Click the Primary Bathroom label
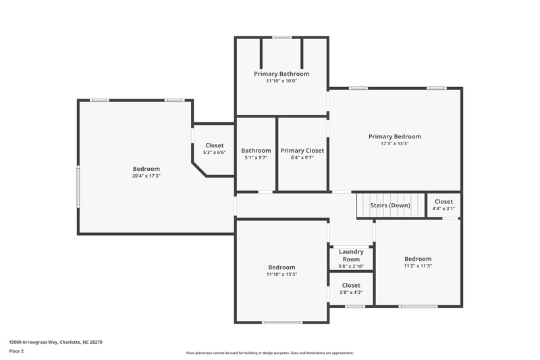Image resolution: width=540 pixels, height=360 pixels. pos(281,74)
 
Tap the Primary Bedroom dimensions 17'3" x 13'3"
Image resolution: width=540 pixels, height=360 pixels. pos(394,143)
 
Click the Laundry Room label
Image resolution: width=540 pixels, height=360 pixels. pos(351,255)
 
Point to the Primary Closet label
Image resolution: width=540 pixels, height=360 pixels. pos(302,151)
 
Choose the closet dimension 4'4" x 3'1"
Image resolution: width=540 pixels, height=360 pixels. pos(443,209)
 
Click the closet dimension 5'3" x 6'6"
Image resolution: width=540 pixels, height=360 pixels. pos(215,153)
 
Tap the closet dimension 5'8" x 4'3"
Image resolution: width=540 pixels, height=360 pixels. pos(351,292)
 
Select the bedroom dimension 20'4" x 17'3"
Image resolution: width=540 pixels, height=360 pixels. pos(146,176)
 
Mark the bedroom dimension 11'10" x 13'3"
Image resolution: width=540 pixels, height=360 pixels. pos(281,274)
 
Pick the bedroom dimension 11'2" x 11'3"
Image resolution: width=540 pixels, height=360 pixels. pos(418,266)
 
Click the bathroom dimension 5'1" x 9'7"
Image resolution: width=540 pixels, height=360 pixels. pos(256,157)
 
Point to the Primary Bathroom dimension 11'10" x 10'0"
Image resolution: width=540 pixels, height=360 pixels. pos(281,81)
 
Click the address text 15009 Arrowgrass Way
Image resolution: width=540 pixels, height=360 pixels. pos(55,342)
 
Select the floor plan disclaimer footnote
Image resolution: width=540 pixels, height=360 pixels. pos(270,353)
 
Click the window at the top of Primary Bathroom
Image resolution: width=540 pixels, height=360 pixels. pos(281,37)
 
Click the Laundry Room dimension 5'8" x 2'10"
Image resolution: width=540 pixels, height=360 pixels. pos(351,266)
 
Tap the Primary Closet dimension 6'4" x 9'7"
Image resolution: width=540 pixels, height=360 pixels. pos(302,157)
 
